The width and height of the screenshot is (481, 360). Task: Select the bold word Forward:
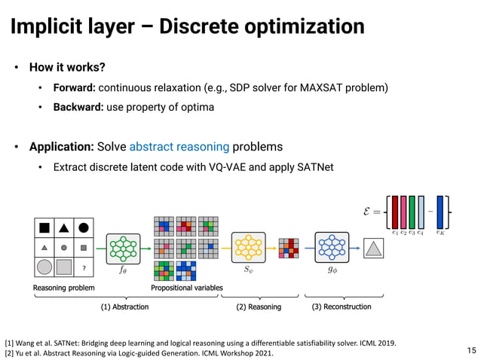(x=75, y=88)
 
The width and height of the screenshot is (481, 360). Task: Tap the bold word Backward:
(x=78, y=107)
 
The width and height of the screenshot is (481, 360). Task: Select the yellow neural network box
(x=248, y=248)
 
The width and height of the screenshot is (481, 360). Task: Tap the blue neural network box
(x=331, y=248)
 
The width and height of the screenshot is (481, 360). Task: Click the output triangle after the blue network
(x=372, y=248)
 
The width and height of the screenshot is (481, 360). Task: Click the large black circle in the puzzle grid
(x=84, y=227)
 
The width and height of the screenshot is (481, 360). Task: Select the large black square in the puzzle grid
(x=44, y=227)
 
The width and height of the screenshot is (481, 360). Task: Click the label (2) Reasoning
(x=259, y=307)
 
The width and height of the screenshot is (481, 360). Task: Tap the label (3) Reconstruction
(x=342, y=307)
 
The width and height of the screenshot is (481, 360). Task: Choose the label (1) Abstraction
(x=125, y=307)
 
